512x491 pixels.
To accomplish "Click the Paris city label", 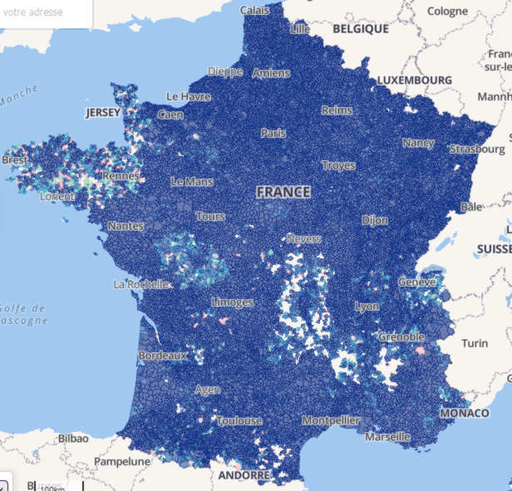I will click(x=273, y=133).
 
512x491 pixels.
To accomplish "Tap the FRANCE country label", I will click(x=283, y=192).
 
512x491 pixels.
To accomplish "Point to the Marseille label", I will click(x=386, y=436).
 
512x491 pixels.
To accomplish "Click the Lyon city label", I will click(x=367, y=307).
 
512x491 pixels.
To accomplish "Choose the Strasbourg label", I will click(x=476, y=150).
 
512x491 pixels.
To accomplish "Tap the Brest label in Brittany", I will click(x=14, y=160).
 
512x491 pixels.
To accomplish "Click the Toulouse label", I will click(x=239, y=421).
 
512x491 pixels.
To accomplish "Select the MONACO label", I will click(x=465, y=413).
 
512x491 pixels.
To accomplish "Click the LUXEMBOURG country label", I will click(x=414, y=81).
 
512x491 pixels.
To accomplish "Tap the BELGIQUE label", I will click(x=361, y=28).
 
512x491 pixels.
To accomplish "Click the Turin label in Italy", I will click(x=475, y=343).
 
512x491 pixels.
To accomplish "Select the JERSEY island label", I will click(x=102, y=112).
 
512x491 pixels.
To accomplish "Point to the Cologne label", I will click(x=448, y=12).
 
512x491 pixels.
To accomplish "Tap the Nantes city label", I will click(x=126, y=226).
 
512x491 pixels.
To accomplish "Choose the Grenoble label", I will click(x=401, y=337).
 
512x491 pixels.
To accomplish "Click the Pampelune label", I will click(x=121, y=461).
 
